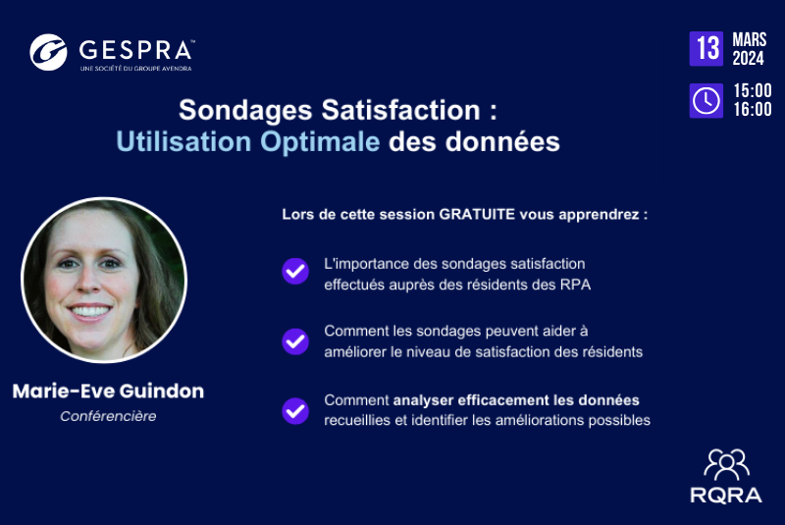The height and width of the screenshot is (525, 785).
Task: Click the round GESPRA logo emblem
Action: (x=48, y=52)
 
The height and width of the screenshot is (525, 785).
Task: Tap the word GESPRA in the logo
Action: (x=135, y=50)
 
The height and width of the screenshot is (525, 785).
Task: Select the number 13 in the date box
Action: (x=706, y=48)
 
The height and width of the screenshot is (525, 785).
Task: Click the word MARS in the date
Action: (x=750, y=39)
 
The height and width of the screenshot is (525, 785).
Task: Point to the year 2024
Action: (x=748, y=58)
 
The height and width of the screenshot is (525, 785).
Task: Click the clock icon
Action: (x=706, y=101)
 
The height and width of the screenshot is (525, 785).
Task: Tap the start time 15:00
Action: (x=753, y=90)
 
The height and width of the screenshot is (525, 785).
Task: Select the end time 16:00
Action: (x=753, y=109)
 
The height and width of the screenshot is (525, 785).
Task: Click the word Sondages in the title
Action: (x=245, y=111)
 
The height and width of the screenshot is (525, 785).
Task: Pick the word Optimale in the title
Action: (x=320, y=141)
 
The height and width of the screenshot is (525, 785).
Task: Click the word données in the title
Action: (x=502, y=141)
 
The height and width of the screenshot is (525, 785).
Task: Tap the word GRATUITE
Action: (x=477, y=214)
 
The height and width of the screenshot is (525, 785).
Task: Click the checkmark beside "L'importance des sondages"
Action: (x=295, y=271)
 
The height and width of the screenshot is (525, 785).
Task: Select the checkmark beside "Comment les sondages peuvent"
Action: (x=295, y=341)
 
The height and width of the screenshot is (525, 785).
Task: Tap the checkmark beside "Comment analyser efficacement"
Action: (x=295, y=411)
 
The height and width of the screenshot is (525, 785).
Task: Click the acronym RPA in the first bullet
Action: (x=578, y=285)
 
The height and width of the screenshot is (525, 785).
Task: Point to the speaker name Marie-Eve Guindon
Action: (x=108, y=391)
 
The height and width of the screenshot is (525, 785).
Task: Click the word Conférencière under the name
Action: (x=108, y=416)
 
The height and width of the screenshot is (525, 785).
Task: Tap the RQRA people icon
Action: (x=726, y=465)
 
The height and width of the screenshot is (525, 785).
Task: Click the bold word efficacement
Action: (x=503, y=400)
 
